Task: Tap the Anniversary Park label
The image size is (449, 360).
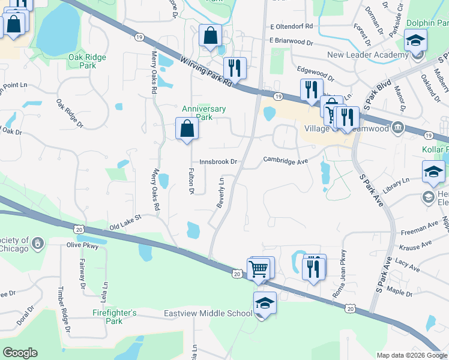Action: click(204, 113)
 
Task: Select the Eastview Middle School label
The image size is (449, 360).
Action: click(208, 313)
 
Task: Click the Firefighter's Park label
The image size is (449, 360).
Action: click(115, 317)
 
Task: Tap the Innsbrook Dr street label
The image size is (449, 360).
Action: click(219, 162)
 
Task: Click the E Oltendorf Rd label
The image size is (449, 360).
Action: click(292, 26)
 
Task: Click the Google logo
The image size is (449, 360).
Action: click(20, 353)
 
